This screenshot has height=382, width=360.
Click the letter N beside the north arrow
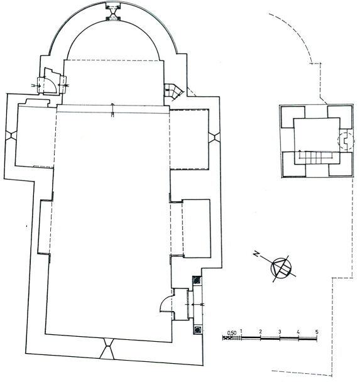256,254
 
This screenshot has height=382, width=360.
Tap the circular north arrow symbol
281,268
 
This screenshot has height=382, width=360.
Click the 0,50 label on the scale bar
232,333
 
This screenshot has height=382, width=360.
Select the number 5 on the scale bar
317,332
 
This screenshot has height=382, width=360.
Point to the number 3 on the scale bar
280,332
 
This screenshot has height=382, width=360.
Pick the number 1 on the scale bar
241,331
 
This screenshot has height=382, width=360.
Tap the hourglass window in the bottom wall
107,349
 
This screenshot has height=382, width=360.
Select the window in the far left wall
11,135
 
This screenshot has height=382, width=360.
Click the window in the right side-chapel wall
214,137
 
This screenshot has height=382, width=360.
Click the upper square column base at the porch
197,280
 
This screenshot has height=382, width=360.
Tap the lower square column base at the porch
198,330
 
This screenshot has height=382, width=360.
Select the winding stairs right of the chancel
173,92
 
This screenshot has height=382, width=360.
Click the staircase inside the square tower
316,158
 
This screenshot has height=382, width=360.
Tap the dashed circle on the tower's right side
346,141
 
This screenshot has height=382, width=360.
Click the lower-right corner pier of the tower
340,164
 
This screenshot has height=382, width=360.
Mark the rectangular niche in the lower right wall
197,229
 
